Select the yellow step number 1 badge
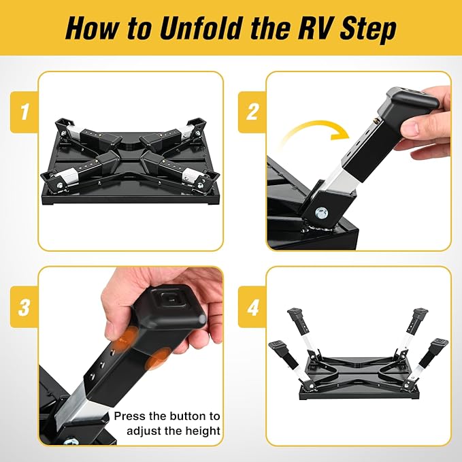24,111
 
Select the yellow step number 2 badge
252,111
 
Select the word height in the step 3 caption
202,430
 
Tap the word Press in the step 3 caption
129,415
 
